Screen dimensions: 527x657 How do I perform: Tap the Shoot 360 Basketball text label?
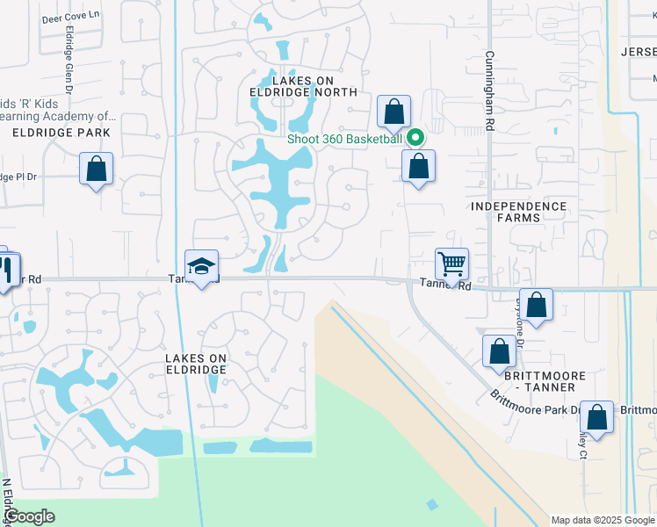pos(344,139)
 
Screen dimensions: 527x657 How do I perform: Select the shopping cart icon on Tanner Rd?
pos(451,262)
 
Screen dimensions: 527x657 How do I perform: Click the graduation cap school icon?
pos(201,266)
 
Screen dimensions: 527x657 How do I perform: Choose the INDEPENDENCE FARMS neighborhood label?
pos(519,213)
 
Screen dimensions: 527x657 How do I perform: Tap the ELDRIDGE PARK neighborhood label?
pos(61,133)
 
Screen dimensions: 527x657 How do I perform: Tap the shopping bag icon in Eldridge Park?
pos(96,168)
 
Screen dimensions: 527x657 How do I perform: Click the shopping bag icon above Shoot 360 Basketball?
pos(394,112)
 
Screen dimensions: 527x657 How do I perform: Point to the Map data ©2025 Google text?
pos(602,520)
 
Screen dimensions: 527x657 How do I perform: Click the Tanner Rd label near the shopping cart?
pos(445,285)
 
